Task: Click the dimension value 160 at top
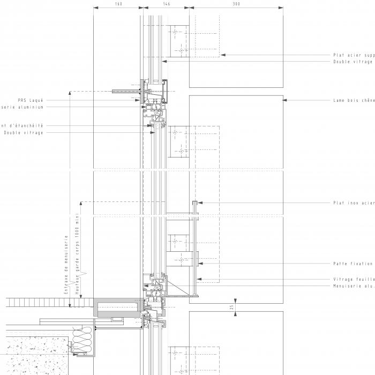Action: [x=118, y=4]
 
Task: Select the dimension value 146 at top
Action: [x=166, y=4]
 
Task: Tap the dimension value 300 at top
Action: [x=236, y=4]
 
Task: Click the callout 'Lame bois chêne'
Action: [x=354, y=100]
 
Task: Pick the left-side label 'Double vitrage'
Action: [x=24, y=132]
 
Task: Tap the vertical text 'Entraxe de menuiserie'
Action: [x=66, y=265]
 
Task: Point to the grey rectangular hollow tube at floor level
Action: [x=117, y=308]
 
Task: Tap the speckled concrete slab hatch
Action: [x=32, y=356]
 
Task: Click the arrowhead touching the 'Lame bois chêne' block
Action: [x=286, y=100]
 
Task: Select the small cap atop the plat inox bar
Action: [x=196, y=202]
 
